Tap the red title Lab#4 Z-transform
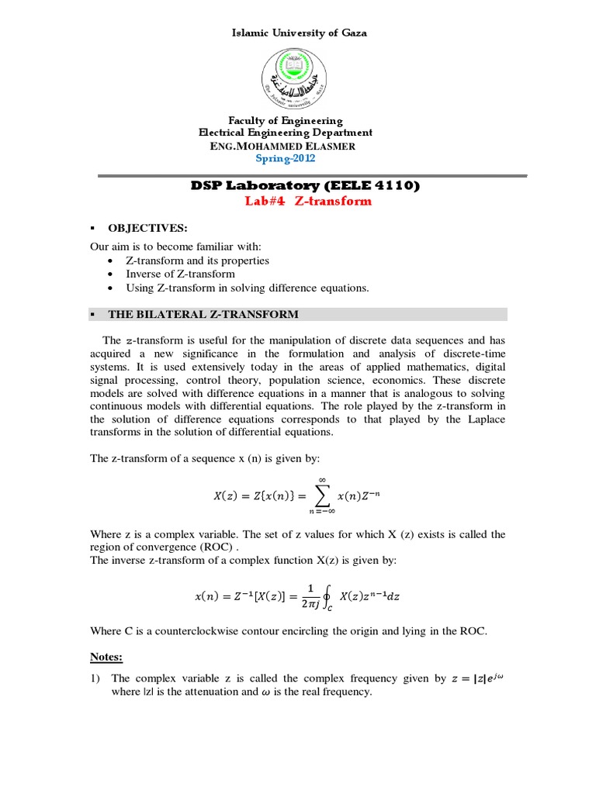pos(309,201)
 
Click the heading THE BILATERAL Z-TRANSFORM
pos(203,314)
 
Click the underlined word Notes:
pos(106,657)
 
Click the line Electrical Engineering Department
pos(285,133)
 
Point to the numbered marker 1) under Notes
pos(95,678)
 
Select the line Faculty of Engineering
pos(285,120)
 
